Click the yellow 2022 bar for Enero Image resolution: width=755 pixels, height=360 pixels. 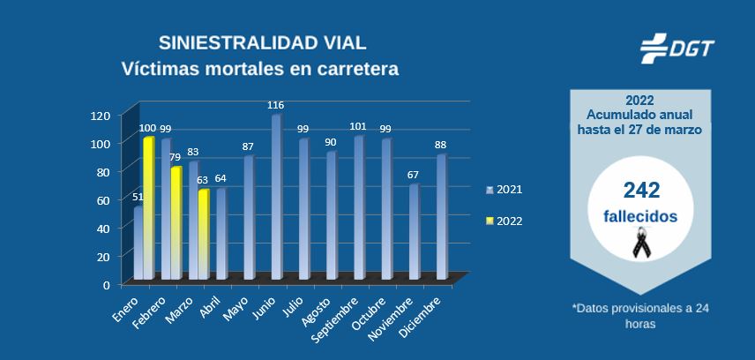(148, 208)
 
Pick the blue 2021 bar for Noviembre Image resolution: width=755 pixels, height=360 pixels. (414, 232)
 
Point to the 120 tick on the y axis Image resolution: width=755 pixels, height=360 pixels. (101, 115)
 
